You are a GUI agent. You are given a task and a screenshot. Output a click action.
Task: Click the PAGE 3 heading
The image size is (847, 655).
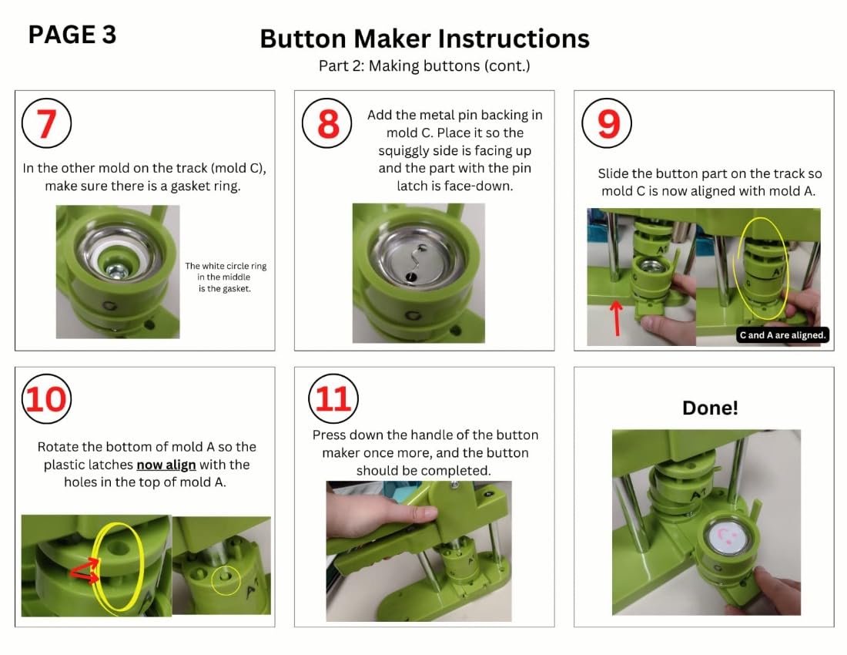point(72,35)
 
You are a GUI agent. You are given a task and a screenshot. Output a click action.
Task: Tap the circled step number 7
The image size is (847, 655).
point(46,123)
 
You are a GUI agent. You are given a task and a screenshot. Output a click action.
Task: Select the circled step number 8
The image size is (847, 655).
point(326,123)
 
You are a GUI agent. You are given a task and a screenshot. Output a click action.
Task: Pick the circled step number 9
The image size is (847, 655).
point(607,123)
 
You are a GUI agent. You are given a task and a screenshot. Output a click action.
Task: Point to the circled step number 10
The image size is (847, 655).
point(46,399)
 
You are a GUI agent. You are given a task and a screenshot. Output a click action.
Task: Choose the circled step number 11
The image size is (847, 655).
point(333,399)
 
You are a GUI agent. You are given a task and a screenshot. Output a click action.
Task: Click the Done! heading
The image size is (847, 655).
point(710,408)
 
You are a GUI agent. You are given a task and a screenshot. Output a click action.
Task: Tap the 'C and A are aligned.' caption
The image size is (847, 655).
point(783,335)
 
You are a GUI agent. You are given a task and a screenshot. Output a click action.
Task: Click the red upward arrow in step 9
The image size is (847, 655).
point(616,318)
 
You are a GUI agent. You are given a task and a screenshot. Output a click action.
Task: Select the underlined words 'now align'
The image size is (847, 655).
point(166,465)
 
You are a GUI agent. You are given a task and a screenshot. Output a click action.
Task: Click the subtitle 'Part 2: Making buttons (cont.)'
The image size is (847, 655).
point(424,66)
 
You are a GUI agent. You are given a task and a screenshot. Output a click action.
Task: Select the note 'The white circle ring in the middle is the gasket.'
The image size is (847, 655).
point(226,277)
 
